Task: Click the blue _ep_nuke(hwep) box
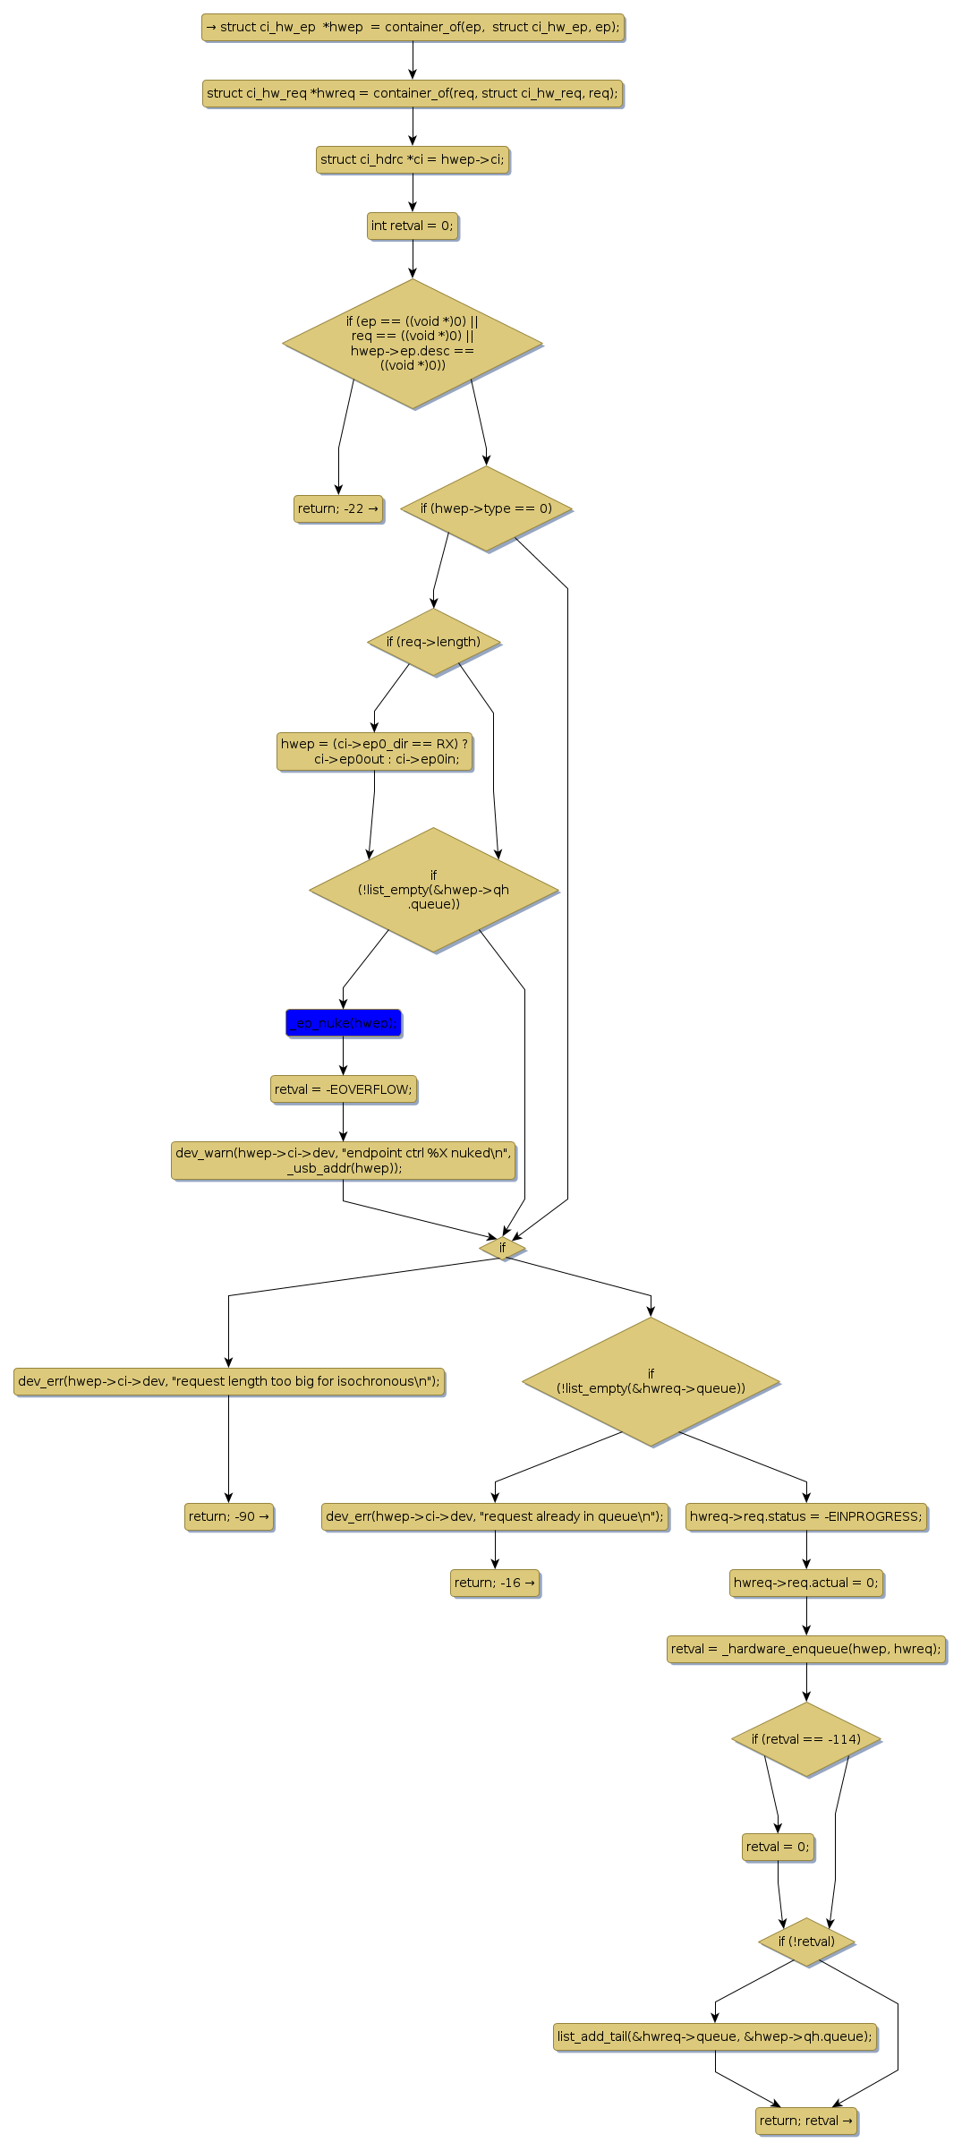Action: pos(343,1022)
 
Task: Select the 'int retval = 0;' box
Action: pos(412,226)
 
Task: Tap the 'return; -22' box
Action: pos(338,508)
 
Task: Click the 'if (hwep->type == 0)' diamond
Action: pos(486,508)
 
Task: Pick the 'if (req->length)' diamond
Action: pos(433,642)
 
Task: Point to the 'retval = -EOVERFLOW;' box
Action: pos(343,1089)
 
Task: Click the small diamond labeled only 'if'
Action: pos(502,1248)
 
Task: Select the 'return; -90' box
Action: pos(228,1516)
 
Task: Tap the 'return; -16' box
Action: pos(495,1583)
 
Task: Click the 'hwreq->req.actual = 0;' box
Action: pos(805,1583)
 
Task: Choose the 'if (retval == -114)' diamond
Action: pos(805,1739)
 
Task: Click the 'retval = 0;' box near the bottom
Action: pos(778,1847)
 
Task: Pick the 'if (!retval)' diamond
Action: pos(805,1942)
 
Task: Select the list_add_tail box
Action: pos(714,2036)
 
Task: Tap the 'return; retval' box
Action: pos(805,2121)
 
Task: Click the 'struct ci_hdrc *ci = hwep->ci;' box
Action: pos(412,159)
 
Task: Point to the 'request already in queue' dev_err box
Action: pos(495,1516)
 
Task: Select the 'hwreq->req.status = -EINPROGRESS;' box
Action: pos(805,1516)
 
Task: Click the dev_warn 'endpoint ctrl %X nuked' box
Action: pos(343,1160)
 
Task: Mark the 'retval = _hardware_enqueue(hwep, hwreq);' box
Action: pos(805,1649)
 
